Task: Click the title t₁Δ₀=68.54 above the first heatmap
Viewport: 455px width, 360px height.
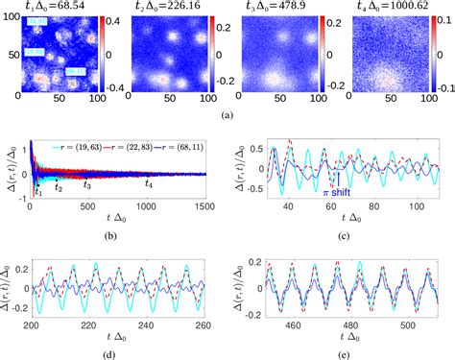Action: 51,7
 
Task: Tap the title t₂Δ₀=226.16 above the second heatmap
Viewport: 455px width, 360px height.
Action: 165,7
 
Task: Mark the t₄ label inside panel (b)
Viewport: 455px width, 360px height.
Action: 149,182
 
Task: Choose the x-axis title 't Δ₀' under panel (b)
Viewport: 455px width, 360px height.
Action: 118,219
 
